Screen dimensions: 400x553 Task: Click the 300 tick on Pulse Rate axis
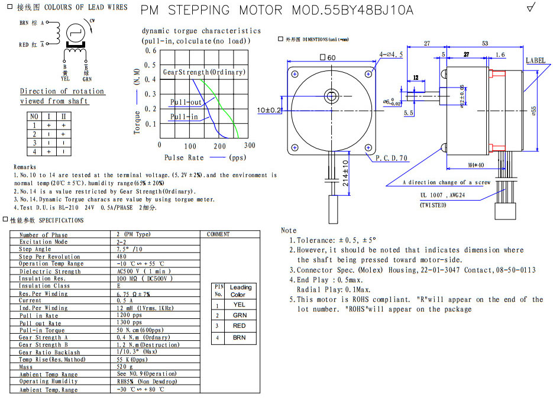coord(250,146)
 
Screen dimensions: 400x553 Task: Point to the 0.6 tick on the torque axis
coord(151,51)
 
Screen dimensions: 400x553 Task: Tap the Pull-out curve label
coord(186,102)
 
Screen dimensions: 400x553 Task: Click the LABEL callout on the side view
coord(536,60)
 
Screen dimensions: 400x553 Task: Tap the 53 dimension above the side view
coord(485,44)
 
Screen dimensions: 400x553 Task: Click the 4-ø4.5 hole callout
coord(392,54)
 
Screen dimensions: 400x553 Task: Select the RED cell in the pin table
coord(240,326)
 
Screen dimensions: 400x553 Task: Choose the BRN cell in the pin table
coord(240,337)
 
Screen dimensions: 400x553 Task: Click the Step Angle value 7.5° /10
coord(130,249)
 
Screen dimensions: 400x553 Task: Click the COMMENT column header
coord(218,234)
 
